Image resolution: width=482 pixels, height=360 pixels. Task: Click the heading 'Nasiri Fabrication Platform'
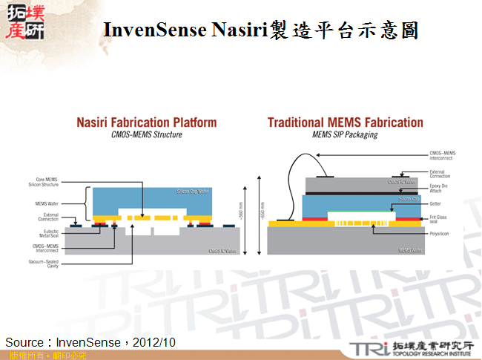point(147,122)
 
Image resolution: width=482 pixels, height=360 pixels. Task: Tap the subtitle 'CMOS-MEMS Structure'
point(147,135)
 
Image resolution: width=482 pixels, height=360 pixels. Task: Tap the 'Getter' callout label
point(436,202)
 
